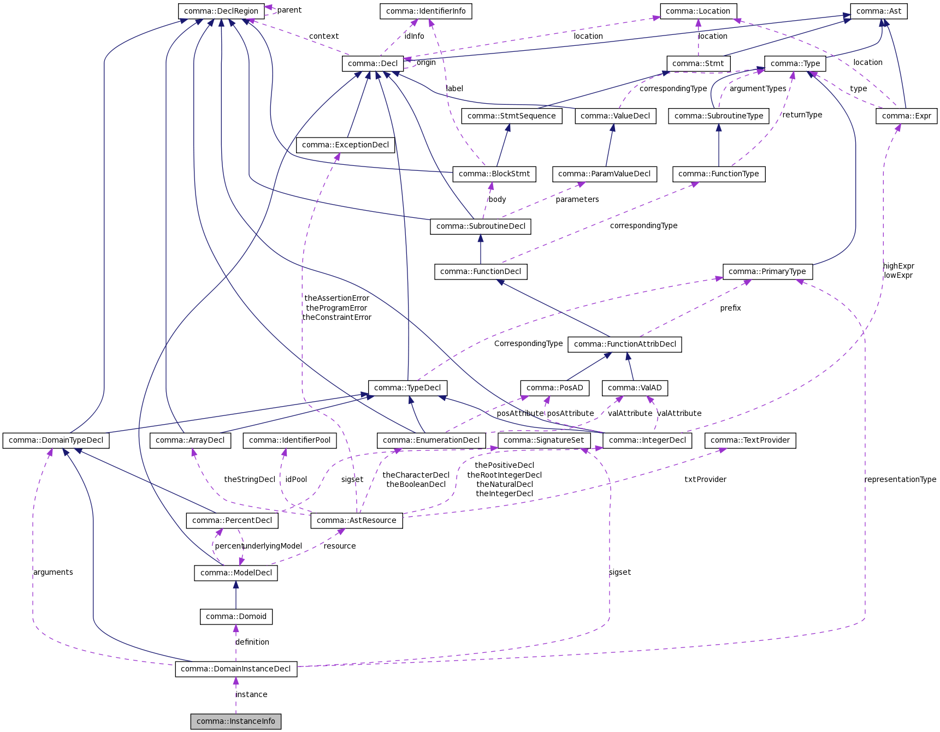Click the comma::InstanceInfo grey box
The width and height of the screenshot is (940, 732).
[x=236, y=721]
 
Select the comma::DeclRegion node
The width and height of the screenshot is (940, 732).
[x=221, y=11]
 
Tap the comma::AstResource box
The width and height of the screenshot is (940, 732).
[x=357, y=520]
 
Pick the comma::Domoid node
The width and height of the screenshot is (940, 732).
[x=236, y=616]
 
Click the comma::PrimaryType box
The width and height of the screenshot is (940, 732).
[x=767, y=271]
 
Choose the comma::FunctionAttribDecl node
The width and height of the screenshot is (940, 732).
[x=625, y=344]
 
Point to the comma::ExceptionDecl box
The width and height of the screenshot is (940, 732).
[x=345, y=145]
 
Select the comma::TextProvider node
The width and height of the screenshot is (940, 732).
[x=750, y=440]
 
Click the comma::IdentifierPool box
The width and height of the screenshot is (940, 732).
[x=289, y=440]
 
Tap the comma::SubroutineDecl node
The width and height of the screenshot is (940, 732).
[x=481, y=226]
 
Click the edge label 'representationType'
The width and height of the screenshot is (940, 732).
[x=900, y=479]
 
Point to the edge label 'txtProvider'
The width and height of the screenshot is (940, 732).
[x=705, y=479]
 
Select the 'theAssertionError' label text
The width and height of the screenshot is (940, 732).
[x=336, y=298]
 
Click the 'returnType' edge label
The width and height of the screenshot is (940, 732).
[x=802, y=115]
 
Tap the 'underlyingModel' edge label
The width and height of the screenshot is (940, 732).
[x=273, y=546]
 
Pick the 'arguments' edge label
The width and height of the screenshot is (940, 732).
[x=53, y=572]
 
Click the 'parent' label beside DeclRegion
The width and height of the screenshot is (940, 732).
[x=289, y=10]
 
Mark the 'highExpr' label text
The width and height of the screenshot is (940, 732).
[x=898, y=266]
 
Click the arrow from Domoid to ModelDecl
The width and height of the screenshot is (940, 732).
[x=236, y=595]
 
